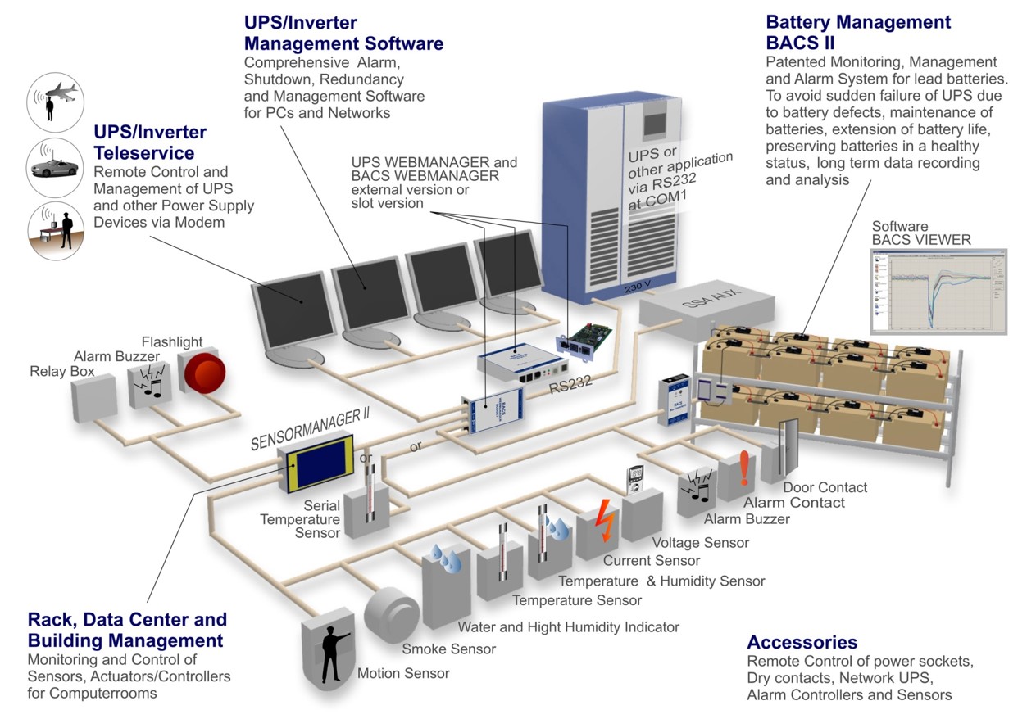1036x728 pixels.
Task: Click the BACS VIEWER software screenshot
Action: click(937, 291)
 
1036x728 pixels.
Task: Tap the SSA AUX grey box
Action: click(707, 309)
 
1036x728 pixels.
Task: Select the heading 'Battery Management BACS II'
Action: click(858, 33)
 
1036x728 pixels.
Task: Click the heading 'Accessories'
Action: click(802, 643)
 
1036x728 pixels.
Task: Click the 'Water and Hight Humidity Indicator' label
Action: click(568, 627)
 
